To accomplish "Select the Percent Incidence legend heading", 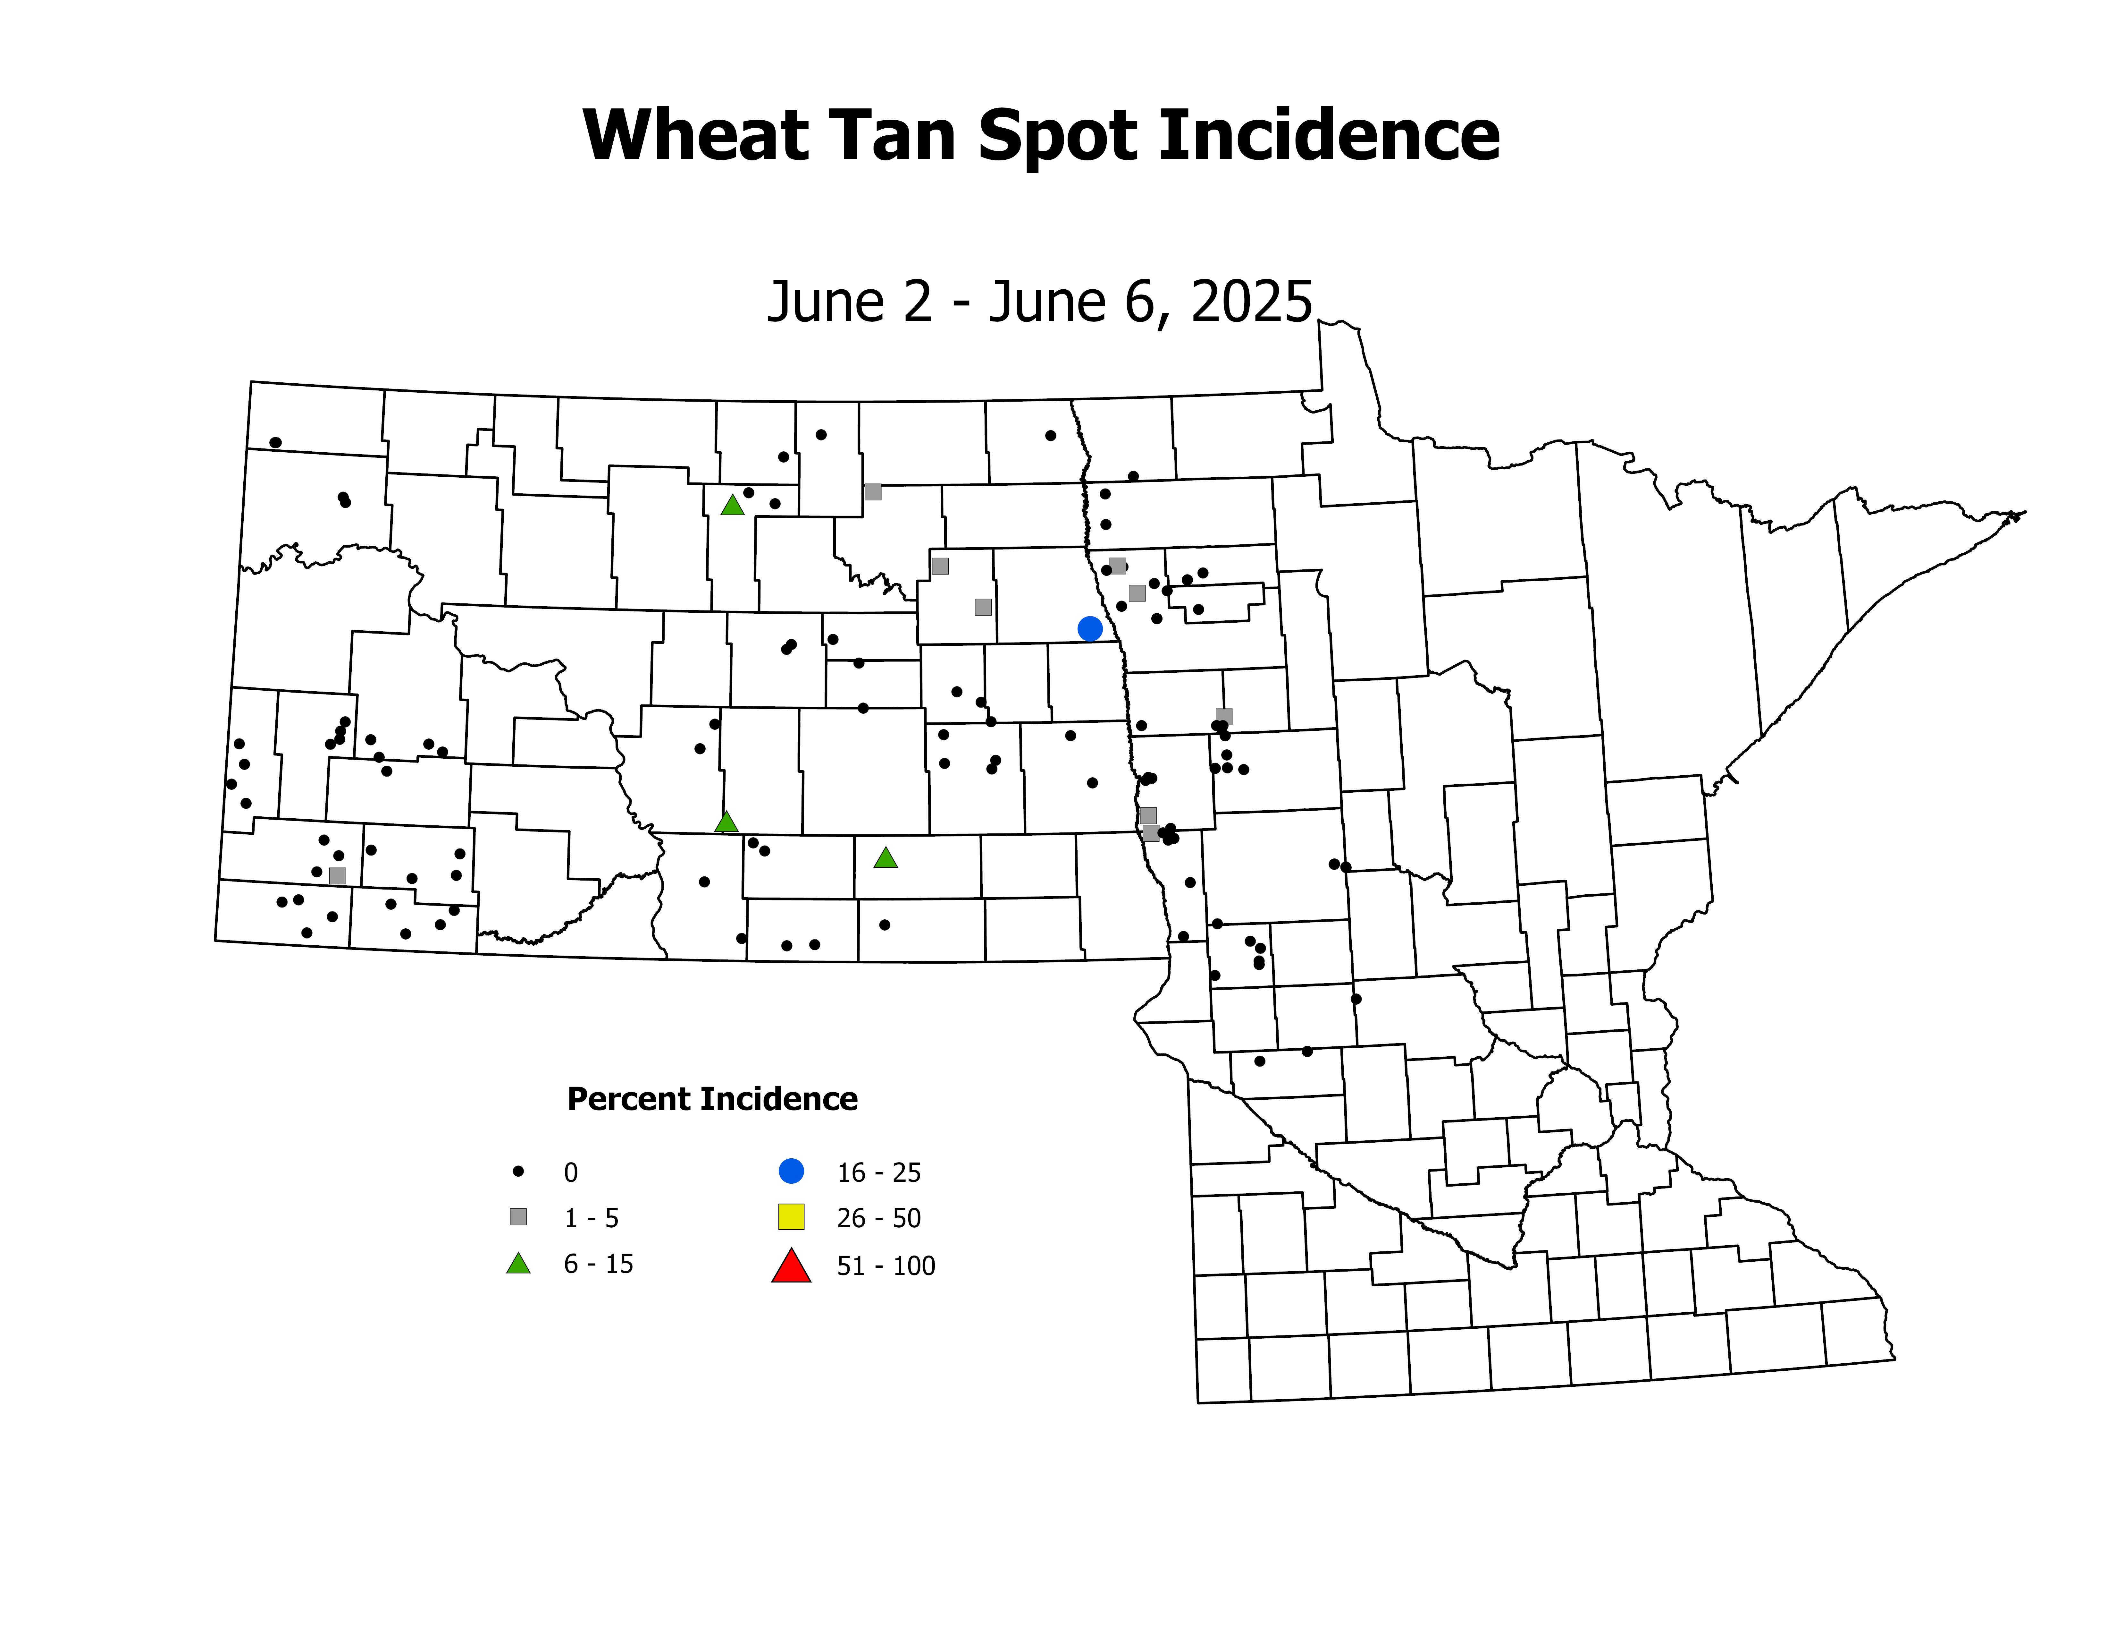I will point(712,1099).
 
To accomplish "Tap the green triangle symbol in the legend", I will point(518,1264).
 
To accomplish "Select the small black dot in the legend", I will point(518,1172).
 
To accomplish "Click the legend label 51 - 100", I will point(886,1266).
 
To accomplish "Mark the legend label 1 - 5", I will point(591,1218).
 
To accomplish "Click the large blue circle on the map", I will point(1090,629).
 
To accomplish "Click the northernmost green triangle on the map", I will point(733,505).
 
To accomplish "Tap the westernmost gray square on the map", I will point(337,875).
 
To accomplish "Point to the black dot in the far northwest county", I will point(275,442).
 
